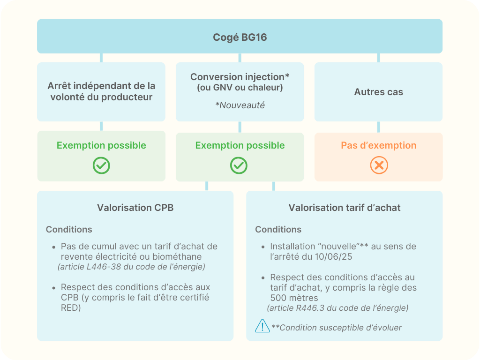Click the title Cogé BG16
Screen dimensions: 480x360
point(240,37)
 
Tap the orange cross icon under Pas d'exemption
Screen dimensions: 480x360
point(379,165)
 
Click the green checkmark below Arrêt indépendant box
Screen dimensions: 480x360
point(101,165)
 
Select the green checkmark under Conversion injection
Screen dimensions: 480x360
point(239,165)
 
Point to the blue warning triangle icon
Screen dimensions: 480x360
point(262,326)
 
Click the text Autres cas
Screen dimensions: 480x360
point(379,92)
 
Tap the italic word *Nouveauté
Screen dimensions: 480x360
point(240,105)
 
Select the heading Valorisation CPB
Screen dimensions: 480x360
point(135,208)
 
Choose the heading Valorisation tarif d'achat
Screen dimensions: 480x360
point(345,208)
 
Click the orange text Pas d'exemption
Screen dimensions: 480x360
point(379,145)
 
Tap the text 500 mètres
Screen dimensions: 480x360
point(294,298)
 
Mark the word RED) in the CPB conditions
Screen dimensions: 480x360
point(71,307)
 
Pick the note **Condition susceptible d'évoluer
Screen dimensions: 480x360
point(337,328)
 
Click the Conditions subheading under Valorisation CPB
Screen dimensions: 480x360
point(69,229)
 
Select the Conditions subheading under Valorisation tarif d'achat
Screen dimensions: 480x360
point(278,229)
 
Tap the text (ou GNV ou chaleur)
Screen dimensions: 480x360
point(240,88)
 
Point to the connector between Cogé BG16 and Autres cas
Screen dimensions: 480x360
point(379,58)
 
